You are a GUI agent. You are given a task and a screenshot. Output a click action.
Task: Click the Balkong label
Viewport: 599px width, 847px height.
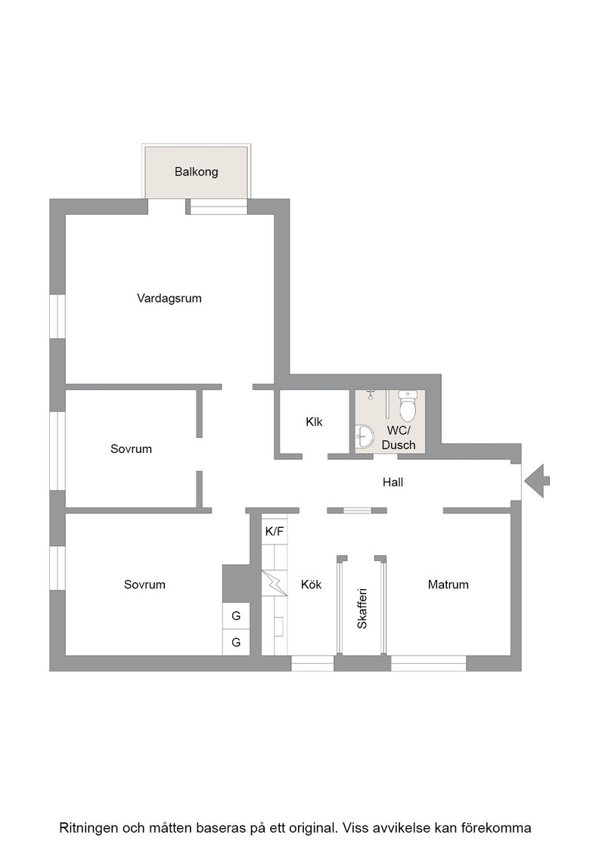coord(196,172)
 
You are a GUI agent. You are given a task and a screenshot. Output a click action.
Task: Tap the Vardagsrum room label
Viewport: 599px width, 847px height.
coord(169,298)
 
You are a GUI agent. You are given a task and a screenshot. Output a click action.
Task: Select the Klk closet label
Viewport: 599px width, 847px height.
coord(314,421)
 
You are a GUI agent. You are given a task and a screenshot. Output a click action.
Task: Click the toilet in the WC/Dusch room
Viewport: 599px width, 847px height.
coord(407,405)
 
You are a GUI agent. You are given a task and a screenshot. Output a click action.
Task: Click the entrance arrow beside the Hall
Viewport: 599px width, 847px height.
coord(537,481)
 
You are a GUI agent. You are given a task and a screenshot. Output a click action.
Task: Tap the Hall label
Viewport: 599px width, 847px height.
coord(393,482)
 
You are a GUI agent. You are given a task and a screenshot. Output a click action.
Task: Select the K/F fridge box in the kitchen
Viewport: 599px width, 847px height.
coord(275,532)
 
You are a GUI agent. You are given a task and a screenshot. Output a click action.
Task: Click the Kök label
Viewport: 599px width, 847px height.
coord(311,584)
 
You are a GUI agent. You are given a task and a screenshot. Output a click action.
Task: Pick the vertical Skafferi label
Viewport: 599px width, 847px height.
coord(362,608)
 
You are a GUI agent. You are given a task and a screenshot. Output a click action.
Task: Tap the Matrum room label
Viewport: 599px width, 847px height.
coord(448,584)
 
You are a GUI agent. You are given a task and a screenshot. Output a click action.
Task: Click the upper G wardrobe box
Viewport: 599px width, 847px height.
coord(236,616)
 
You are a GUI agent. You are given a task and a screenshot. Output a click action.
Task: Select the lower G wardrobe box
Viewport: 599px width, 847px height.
coord(236,642)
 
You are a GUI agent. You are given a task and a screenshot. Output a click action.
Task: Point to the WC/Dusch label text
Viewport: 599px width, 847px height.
coord(399,438)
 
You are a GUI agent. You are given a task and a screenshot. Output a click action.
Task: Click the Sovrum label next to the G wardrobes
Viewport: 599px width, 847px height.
coord(144,584)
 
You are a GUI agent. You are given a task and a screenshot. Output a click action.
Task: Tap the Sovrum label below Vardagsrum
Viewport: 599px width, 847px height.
coord(131,449)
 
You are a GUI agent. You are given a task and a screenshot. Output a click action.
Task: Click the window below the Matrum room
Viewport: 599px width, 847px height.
coord(428,663)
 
